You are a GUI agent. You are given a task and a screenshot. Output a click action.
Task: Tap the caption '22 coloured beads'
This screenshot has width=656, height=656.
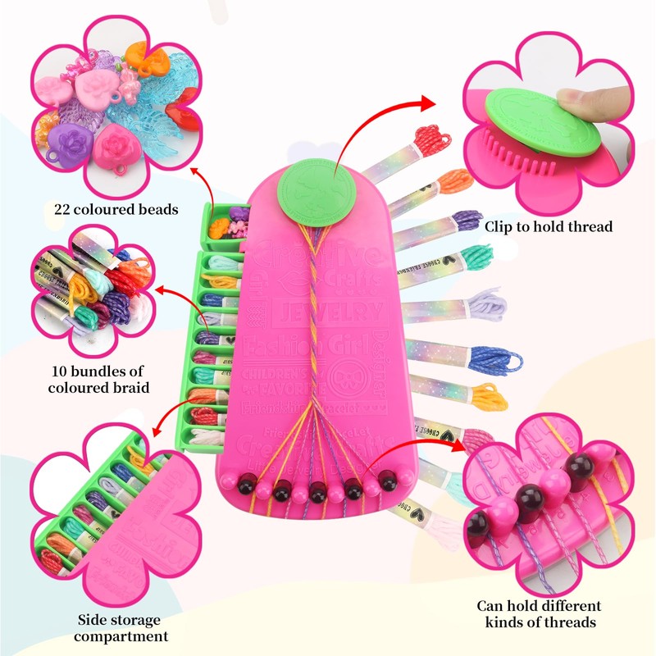(116, 210)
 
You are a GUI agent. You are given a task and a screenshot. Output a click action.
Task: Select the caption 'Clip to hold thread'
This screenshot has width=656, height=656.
(549, 226)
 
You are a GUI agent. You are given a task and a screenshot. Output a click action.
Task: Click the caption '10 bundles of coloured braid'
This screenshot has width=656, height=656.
(98, 378)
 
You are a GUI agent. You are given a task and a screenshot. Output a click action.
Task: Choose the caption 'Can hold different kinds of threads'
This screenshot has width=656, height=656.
(540, 614)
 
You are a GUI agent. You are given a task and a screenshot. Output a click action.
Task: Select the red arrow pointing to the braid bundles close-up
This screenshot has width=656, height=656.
(176, 303)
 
